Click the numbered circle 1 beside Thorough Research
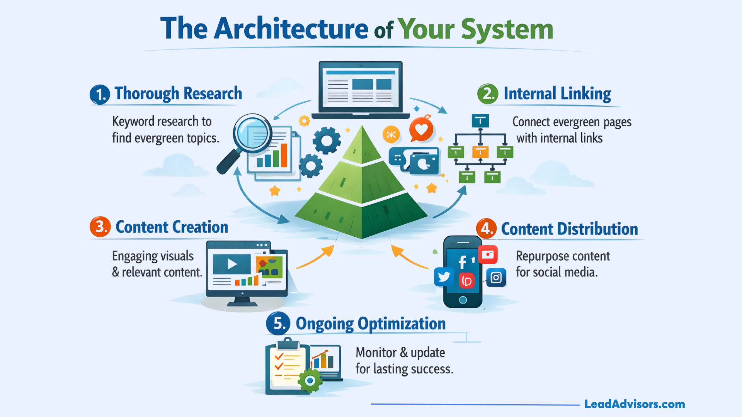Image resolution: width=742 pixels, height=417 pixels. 100,95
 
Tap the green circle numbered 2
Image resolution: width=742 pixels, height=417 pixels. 488,94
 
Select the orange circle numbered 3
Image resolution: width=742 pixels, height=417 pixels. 100,227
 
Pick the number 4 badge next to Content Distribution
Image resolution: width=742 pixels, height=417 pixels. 486,228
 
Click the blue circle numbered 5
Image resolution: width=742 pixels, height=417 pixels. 278,323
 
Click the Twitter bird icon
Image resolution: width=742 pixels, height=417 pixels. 444,276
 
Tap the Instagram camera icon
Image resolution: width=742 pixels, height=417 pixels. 496,278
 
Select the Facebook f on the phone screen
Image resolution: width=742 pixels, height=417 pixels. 462,262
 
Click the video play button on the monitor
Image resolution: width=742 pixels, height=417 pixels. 232,264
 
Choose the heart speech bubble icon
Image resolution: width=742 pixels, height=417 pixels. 421,130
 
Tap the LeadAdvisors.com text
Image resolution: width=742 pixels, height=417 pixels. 635,404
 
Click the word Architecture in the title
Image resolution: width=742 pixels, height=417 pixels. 291,29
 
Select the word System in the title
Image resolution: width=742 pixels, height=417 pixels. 507,29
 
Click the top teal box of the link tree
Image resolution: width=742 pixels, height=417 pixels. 480,121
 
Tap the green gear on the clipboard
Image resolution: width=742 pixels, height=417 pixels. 310,381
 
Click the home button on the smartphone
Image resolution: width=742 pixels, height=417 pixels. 463,300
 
